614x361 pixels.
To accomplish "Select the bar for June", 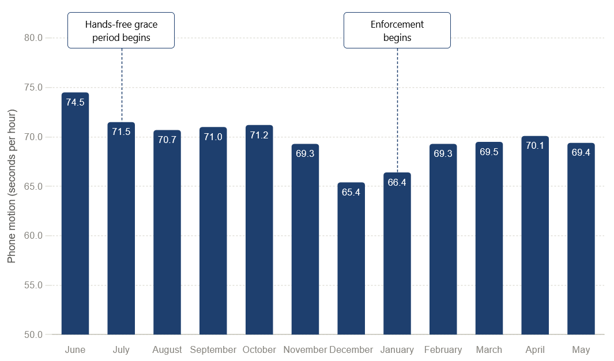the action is click(x=75, y=213).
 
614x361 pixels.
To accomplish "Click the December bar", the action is click(x=351, y=258).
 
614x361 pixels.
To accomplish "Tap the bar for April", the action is click(x=535, y=235).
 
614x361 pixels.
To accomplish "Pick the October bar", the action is click(x=259, y=230).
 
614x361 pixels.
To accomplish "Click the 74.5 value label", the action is click(x=75, y=102).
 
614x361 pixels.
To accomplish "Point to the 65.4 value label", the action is click(x=351, y=192).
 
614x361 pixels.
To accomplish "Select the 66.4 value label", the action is click(x=397, y=182).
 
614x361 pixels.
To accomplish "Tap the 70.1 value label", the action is click(x=535, y=146).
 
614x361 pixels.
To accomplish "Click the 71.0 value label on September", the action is click(x=213, y=137).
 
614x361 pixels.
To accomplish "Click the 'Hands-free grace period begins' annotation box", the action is click(x=121, y=31).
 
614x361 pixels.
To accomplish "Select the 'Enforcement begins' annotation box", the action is click(x=397, y=31).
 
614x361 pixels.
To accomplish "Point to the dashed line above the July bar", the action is click(x=122, y=85).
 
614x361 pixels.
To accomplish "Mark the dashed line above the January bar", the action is click(x=397, y=110).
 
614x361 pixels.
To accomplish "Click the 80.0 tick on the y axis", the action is click(x=33, y=38).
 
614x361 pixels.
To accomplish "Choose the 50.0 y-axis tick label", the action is click(x=33, y=335).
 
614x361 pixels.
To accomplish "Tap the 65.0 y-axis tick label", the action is click(x=33, y=186).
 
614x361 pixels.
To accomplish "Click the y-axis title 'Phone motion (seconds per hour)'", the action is click(x=12, y=186).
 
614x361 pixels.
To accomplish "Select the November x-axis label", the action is click(x=305, y=349).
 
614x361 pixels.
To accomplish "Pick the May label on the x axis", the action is click(x=581, y=349).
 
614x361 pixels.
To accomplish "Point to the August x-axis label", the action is click(x=167, y=349).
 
